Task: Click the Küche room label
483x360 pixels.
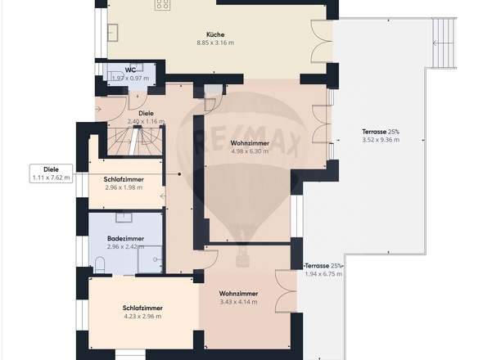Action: click(x=215, y=34)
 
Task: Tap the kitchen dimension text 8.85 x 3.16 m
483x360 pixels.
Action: click(x=215, y=43)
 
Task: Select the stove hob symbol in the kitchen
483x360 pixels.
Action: click(x=163, y=4)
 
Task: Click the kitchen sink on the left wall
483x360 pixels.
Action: click(x=113, y=33)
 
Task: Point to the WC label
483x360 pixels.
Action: click(x=130, y=70)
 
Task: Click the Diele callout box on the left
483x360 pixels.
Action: click(x=51, y=173)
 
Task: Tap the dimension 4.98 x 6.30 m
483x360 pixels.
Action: click(x=250, y=151)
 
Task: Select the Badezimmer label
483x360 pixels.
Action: click(x=126, y=238)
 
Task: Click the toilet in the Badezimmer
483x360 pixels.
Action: click(x=100, y=265)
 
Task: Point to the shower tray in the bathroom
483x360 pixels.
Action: click(x=150, y=259)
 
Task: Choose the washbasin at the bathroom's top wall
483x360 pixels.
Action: click(x=124, y=218)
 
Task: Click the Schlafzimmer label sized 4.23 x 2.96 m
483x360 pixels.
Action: click(x=142, y=308)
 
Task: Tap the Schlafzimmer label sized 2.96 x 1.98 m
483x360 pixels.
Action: click(x=124, y=179)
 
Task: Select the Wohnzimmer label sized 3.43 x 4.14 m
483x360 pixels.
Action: click(x=238, y=294)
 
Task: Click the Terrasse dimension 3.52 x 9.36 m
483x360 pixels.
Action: click(x=381, y=140)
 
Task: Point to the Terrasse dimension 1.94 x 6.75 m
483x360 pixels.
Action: click(x=323, y=274)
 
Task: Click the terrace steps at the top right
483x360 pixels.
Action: click(x=444, y=43)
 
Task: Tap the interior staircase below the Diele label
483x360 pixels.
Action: click(x=135, y=142)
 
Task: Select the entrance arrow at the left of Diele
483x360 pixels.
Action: click(x=98, y=109)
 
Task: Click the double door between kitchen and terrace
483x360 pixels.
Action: click(x=322, y=41)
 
